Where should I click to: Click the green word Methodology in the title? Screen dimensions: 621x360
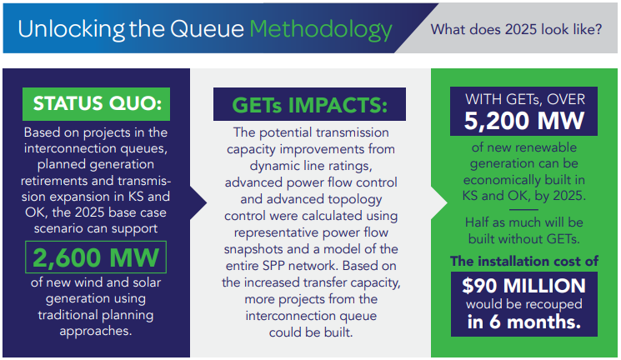pos(321,30)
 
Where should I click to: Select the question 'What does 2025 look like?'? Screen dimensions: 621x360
pos(516,29)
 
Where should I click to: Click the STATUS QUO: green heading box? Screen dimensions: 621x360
pos(96,104)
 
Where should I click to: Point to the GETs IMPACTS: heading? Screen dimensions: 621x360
pos(310,105)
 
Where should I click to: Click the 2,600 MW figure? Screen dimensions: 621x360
pos(96,257)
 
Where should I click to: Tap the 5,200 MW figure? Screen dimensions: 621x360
pos(524,120)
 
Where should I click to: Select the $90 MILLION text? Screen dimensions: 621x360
pos(523,286)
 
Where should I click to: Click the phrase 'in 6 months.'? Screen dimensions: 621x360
pos(524,322)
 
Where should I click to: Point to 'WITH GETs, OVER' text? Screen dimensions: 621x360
pos(525,99)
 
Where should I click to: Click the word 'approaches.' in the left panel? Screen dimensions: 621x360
pos(96,331)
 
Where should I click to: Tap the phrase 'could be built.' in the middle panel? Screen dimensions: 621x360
pos(311,332)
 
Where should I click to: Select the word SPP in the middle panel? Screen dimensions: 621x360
pos(273,265)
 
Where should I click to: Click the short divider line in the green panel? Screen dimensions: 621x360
pos(523,209)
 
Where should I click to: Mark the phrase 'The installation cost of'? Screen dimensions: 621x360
pos(524,262)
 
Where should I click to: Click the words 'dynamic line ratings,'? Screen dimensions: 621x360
pos(311,166)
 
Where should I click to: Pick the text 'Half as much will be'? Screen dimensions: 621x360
pos(524,222)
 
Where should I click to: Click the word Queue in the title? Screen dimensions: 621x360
pos(207,30)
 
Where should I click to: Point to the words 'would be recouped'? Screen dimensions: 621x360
pos(524,304)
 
